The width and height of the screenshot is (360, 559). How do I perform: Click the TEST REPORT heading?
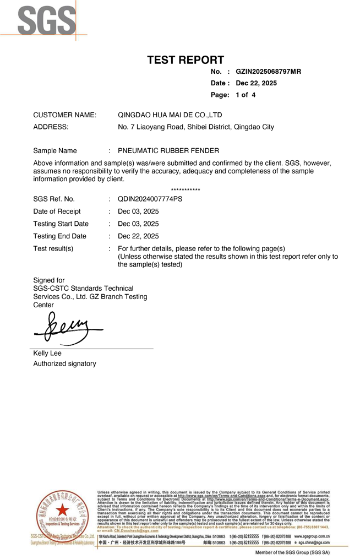(x=186, y=60)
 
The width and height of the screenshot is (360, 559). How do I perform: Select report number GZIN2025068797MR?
(x=268, y=72)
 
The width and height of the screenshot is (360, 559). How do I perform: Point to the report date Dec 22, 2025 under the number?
(x=256, y=83)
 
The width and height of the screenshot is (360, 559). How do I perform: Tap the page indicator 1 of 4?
(x=246, y=95)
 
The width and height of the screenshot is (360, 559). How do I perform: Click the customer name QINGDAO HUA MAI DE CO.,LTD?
(x=170, y=115)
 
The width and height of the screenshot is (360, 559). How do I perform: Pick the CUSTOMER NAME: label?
(x=65, y=115)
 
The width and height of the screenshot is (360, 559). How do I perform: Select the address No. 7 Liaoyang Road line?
(x=196, y=127)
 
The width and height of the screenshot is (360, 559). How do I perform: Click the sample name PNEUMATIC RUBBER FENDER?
(x=168, y=150)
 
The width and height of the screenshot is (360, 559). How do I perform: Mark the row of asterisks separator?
(x=186, y=191)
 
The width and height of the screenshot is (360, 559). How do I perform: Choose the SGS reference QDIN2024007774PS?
(x=150, y=199)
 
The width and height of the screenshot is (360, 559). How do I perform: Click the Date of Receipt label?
(x=57, y=211)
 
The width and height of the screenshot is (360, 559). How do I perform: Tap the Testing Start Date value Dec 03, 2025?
(x=138, y=224)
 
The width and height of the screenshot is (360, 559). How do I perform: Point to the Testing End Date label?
(x=59, y=236)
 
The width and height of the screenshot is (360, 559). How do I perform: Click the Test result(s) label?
(x=53, y=248)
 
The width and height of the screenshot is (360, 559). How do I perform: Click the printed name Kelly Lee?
(x=47, y=353)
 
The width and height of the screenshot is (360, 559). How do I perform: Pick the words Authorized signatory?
(x=64, y=363)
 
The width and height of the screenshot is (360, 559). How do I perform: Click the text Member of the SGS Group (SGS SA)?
(x=292, y=552)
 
